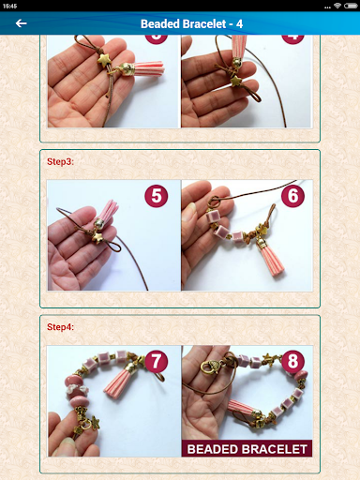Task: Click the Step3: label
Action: (x=60, y=161)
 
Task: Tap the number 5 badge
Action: (x=157, y=197)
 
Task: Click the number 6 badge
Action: (x=293, y=197)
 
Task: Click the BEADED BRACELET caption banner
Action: (x=247, y=448)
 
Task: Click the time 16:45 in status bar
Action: (x=11, y=6)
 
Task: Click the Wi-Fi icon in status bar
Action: (x=336, y=6)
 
